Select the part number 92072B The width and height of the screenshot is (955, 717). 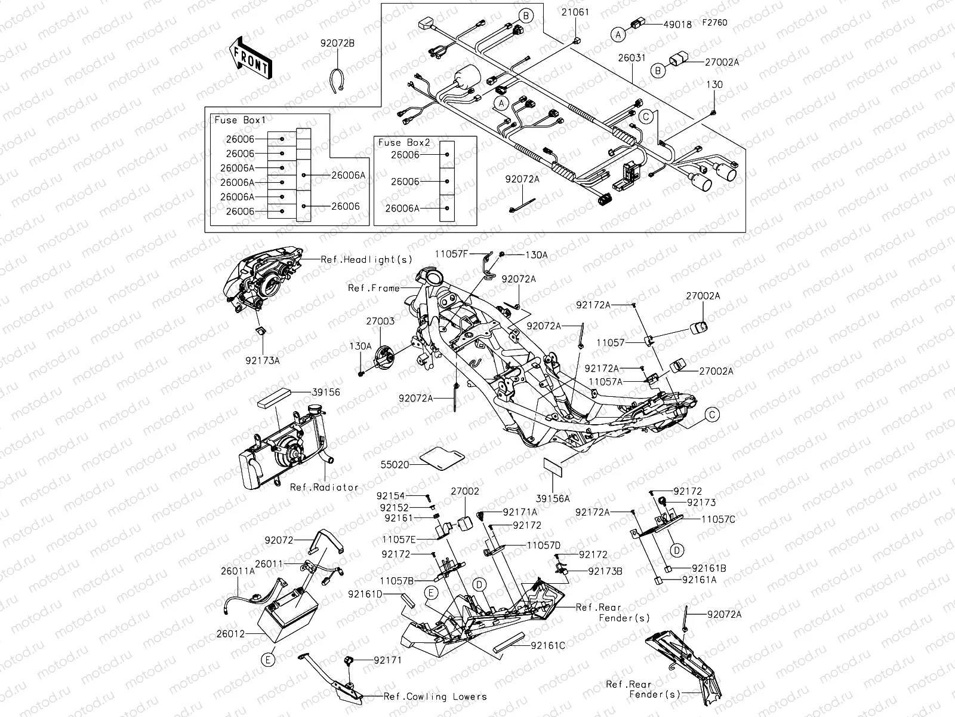(x=337, y=44)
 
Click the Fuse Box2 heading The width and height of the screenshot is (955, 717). (x=404, y=143)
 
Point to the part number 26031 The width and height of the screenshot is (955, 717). (x=631, y=58)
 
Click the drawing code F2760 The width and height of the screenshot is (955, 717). (x=714, y=23)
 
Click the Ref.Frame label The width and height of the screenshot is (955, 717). (x=374, y=288)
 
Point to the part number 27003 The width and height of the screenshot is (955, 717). (x=380, y=321)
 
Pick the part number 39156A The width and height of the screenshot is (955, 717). (x=553, y=498)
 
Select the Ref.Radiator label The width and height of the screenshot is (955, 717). (x=325, y=487)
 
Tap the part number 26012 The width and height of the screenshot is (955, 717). (x=233, y=634)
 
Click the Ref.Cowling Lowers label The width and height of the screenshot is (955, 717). (x=435, y=697)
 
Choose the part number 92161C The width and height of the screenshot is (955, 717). (x=546, y=645)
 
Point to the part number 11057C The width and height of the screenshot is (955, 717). (x=718, y=519)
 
